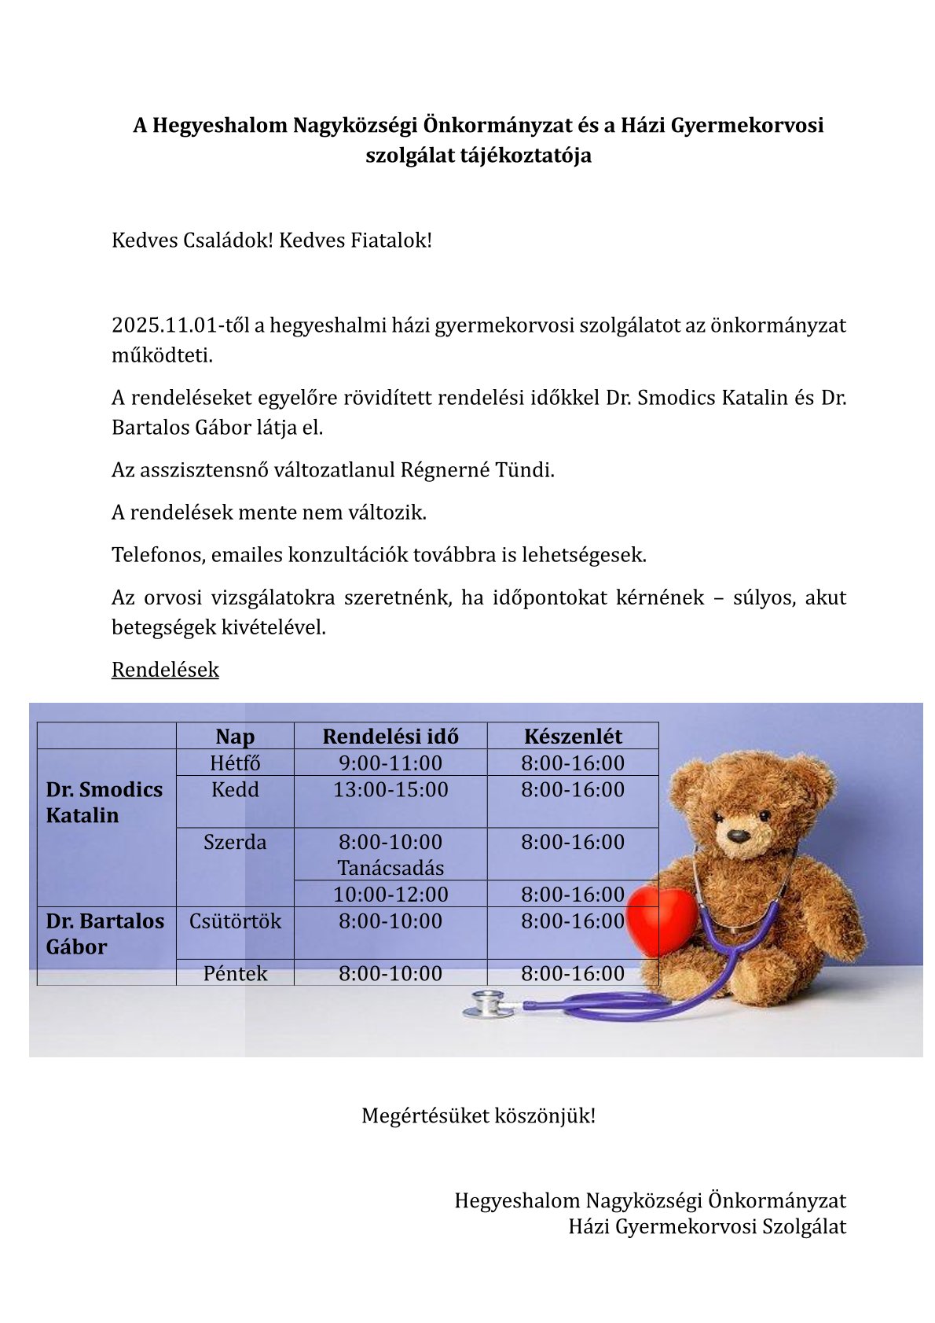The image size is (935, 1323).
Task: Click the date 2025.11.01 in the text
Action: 163,325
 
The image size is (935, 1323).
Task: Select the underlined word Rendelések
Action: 165,670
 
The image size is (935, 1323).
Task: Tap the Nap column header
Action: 235,737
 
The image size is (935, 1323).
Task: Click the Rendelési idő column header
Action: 390,737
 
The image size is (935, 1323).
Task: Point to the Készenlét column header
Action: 573,737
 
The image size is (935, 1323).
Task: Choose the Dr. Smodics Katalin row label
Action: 104,802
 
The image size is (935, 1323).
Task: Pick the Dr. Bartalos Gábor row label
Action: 105,934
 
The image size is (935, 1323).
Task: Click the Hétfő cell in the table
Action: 235,763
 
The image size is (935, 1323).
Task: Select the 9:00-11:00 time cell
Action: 390,763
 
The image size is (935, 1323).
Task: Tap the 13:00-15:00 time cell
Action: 390,790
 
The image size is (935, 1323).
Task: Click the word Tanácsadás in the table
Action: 390,868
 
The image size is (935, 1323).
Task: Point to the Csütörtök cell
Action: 235,921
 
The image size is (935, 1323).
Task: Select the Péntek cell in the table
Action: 235,974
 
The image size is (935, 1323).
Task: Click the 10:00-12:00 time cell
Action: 390,895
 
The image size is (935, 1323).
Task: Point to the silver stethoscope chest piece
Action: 484,1003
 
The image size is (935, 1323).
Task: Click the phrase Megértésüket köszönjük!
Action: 478,1115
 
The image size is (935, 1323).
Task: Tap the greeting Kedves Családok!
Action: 192,241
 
